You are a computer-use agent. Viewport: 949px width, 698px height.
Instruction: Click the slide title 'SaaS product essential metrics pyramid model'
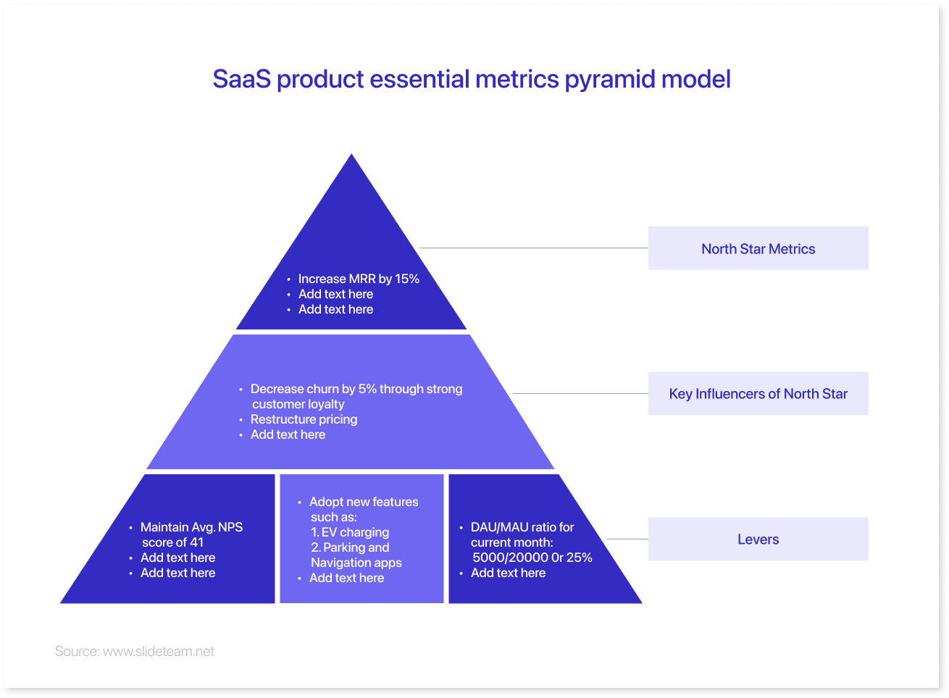pos(471,79)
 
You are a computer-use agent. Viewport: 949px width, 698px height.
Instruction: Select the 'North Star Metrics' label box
pos(758,248)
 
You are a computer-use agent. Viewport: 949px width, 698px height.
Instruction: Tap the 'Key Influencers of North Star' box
pos(758,394)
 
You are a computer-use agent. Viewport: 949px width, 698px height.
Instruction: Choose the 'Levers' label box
pos(758,539)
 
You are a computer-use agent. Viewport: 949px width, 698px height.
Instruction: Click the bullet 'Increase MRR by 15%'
pos(359,279)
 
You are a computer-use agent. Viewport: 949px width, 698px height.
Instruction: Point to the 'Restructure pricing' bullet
pos(304,419)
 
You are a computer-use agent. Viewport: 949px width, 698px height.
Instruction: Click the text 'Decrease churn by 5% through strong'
pos(356,389)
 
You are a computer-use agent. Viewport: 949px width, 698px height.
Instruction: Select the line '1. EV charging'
pos(350,532)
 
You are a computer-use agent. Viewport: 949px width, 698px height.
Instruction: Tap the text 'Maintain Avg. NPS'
pos(191,527)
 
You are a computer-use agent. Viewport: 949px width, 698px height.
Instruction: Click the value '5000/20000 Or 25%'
pos(532,558)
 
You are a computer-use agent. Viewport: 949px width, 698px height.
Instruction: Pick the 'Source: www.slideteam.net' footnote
pos(135,652)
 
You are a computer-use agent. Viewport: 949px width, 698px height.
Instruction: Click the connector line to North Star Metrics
pos(534,248)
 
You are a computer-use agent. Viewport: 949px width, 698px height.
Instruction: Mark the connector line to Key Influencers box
pos(580,394)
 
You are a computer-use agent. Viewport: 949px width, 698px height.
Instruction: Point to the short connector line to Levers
pos(627,539)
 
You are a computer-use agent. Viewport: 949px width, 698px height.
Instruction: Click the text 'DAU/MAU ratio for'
pos(522,527)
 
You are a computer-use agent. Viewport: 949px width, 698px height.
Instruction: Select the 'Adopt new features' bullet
pos(364,502)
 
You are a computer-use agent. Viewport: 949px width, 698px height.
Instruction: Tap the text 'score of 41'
pos(172,542)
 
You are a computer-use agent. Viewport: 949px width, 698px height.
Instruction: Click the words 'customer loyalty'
pos(298,404)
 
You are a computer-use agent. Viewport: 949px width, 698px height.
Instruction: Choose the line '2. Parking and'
pos(350,547)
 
